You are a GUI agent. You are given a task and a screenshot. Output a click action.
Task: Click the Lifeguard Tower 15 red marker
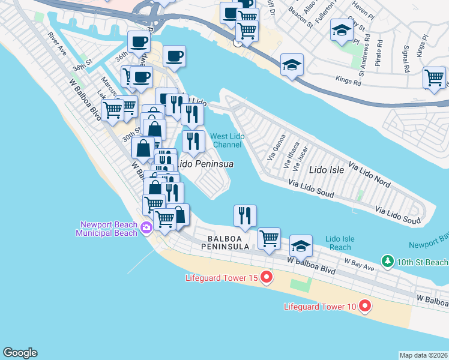[267, 277]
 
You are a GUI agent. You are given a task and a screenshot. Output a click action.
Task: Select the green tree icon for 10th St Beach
[388, 262]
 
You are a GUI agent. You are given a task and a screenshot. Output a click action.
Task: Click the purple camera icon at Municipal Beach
[146, 227]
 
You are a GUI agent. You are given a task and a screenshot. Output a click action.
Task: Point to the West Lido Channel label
[227, 140]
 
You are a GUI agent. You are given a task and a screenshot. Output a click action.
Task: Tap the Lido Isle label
[327, 170]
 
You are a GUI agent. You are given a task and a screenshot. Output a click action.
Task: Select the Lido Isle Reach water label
[340, 243]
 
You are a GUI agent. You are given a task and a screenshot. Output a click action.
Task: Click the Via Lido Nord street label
[370, 174]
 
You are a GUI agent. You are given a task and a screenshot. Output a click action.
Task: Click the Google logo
[20, 353]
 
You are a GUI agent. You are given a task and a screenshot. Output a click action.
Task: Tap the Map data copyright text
[423, 355]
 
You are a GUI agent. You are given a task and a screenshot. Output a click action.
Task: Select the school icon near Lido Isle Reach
[301, 245]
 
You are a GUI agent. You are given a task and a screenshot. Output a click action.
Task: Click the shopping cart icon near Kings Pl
[434, 77]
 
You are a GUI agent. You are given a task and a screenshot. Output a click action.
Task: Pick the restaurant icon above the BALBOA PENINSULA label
[244, 215]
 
